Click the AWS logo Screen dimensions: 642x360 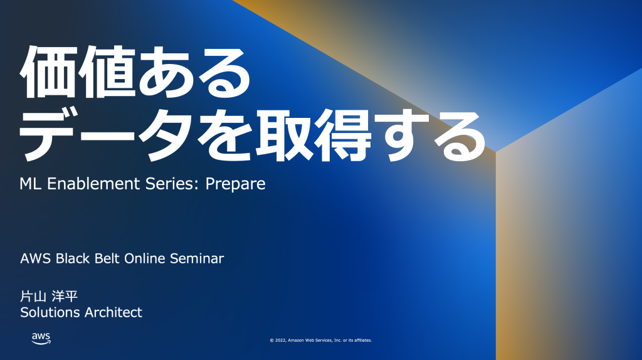[x=41, y=338]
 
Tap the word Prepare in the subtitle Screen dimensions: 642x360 [x=236, y=184]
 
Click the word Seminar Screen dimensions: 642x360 [x=197, y=259]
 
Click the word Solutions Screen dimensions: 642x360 [x=50, y=312]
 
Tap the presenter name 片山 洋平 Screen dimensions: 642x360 [x=49, y=295]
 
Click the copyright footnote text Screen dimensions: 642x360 [x=321, y=341]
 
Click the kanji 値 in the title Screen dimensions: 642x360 [x=107, y=72]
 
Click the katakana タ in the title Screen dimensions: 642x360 [x=166, y=135]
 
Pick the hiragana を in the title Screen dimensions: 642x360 [x=226, y=134]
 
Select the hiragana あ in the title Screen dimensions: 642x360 [x=166, y=72]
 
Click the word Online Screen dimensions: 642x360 [x=145, y=259]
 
